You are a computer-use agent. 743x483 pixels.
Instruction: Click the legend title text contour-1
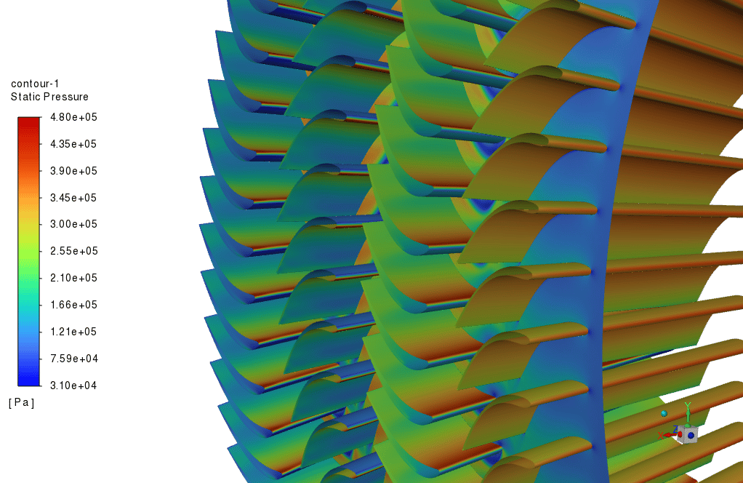(35, 84)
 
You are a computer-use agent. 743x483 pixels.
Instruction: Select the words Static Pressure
(49, 97)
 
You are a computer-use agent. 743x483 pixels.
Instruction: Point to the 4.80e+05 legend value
(73, 117)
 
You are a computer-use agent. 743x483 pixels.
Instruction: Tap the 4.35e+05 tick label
(73, 144)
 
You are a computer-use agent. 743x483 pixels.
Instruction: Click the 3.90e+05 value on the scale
(73, 171)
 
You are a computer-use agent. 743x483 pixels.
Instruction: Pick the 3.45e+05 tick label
(73, 198)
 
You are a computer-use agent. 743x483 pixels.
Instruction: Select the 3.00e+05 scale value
(73, 224)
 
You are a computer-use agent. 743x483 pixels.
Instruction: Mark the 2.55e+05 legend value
(73, 251)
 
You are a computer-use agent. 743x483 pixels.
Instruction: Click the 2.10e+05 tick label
(73, 278)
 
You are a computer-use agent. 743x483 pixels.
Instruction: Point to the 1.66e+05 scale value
(73, 305)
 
